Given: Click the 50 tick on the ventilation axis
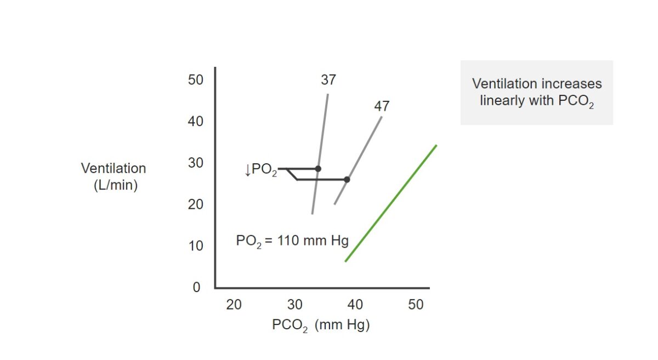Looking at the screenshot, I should click(196, 80).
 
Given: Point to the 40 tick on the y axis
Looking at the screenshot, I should click(196, 121).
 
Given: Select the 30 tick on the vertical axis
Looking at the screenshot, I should click(196, 163).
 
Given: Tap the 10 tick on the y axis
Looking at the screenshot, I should click(196, 246).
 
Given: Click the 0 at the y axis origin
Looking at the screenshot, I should click(196, 288).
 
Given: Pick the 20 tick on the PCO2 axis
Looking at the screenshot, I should click(234, 305).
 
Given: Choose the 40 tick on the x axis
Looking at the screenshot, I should click(355, 305).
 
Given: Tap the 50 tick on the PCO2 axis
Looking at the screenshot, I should click(416, 305).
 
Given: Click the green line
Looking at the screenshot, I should click(391, 203).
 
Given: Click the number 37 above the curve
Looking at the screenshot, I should click(328, 80).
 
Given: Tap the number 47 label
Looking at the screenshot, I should click(382, 106).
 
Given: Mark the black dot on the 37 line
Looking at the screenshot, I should click(318, 169).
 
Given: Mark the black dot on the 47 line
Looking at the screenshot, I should click(347, 179).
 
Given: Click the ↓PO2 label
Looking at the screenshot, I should click(260, 170).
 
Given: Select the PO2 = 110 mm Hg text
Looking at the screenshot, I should click(292, 241).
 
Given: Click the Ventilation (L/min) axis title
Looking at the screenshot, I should click(114, 176).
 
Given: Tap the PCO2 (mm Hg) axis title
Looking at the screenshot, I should click(321, 325).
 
